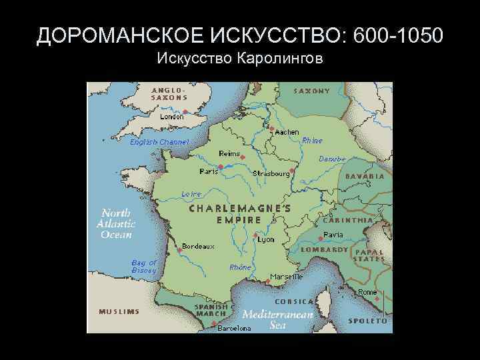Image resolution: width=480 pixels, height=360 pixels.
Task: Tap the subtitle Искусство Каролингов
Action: click(x=239, y=60)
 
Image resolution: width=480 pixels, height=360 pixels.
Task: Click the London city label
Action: click(x=171, y=116)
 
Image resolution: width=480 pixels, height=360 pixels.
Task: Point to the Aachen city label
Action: click(x=287, y=132)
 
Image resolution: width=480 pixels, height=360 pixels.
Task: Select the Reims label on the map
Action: click(x=229, y=154)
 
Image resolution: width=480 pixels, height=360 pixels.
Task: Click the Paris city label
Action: click(x=209, y=171)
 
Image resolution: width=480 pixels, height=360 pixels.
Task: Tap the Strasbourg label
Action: click(x=271, y=173)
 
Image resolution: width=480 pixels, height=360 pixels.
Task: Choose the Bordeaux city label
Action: click(x=198, y=246)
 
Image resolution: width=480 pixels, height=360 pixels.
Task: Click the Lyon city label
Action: click(x=266, y=239)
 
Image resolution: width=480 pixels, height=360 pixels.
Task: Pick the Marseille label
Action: click(x=287, y=276)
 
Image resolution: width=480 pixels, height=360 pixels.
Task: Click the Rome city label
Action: click(x=367, y=292)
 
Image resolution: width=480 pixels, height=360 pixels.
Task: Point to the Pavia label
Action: click(x=333, y=235)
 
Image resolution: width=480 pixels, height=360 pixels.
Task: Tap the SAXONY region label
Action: click(x=312, y=91)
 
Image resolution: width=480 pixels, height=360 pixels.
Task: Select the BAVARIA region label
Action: click(x=365, y=176)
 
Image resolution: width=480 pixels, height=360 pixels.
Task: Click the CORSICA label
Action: click(x=303, y=301)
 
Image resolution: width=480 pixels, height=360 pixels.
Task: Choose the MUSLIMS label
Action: click(x=119, y=311)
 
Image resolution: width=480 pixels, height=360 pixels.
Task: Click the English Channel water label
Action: click(x=159, y=142)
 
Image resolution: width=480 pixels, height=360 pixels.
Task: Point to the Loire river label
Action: click(x=191, y=194)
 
